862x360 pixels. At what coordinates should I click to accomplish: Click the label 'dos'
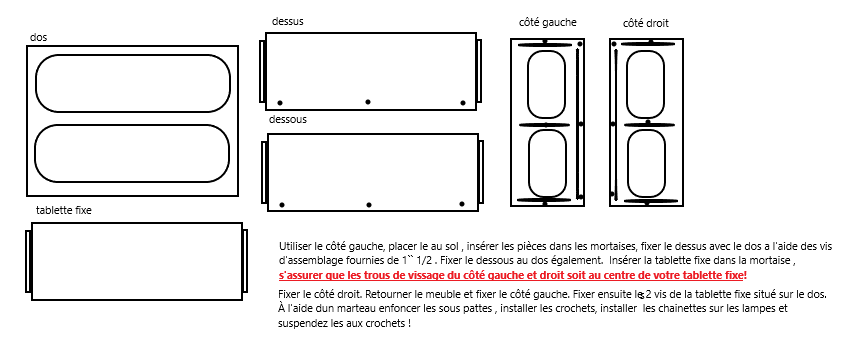click(38, 38)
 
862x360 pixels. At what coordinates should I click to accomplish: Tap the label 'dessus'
click(288, 21)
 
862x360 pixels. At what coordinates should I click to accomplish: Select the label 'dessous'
click(288, 119)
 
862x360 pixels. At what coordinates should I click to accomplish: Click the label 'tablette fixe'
click(64, 210)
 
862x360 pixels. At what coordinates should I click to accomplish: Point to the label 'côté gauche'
click(548, 23)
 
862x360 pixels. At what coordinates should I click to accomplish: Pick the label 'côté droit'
click(645, 24)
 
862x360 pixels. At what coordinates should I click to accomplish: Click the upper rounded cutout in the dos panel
click(132, 56)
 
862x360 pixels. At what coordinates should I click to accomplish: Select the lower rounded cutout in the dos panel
click(132, 126)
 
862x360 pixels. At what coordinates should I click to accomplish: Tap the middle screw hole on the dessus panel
click(368, 102)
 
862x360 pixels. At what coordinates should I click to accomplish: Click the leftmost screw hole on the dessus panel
click(280, 103)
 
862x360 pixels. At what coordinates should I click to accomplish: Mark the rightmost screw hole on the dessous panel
click(462, 204)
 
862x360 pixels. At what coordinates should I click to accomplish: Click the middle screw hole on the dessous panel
click(369, 205)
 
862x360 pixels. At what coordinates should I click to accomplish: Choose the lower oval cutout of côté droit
click(627, 163)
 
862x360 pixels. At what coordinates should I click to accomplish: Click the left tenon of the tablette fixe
click(28, 262)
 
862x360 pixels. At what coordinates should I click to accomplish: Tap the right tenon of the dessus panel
click(479, 71)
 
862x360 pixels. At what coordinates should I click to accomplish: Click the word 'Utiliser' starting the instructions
click(293, 246)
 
